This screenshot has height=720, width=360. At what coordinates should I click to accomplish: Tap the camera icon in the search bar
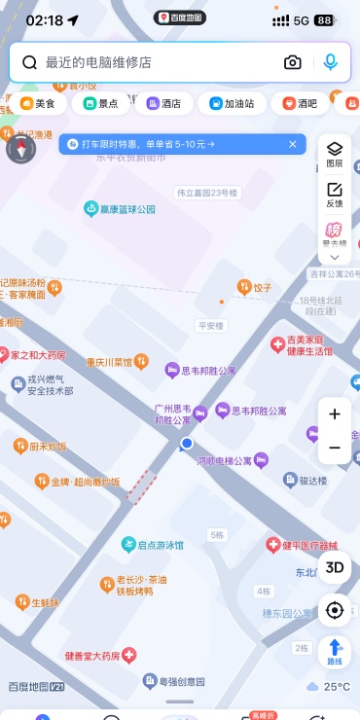[293, 62]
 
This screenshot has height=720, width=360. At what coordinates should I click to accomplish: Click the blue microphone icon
[331, 62]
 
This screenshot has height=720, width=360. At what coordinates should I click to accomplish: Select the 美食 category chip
[39, 103]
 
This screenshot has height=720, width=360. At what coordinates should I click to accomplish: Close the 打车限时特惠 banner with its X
[292, 144]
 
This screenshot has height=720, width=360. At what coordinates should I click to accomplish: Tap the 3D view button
[335, 567]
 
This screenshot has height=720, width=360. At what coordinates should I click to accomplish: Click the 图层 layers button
[335, 154]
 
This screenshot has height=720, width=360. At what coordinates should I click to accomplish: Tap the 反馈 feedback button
[335, 194]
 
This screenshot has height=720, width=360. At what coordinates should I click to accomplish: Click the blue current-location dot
[187, 443]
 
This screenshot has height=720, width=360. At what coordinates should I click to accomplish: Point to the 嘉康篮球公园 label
[121, 209]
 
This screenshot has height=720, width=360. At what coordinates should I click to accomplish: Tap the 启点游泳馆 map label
[153, 545]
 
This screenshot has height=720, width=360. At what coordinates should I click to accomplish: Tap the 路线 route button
[335, 651]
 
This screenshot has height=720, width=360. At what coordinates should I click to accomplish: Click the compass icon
[21, 149]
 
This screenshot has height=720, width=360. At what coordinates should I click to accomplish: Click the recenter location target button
[335, 610]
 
